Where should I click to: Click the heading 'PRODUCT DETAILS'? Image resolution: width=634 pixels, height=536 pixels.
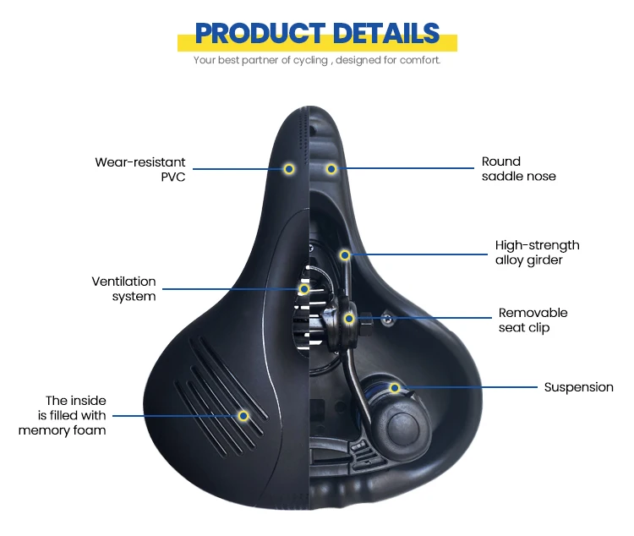317,33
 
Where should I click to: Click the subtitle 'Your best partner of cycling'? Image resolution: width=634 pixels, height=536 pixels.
317,60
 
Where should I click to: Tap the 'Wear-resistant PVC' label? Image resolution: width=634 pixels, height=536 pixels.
140,169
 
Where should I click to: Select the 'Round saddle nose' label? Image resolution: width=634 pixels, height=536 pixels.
518,168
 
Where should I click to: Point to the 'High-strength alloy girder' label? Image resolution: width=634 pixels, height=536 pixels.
537,252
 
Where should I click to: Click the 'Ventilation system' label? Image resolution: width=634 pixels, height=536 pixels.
124,288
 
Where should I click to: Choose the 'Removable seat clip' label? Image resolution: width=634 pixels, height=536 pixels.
533,320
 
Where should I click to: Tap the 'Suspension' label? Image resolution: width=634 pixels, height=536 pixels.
578,387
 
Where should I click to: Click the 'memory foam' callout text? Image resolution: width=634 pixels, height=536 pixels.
63,415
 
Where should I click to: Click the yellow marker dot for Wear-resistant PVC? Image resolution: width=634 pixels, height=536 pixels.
289,169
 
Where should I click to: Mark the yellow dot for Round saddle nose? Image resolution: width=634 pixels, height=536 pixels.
331,169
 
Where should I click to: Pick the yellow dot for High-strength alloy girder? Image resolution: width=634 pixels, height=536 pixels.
345,254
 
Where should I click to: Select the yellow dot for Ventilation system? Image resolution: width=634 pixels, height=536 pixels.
304,289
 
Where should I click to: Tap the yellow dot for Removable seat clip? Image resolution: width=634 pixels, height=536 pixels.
349,319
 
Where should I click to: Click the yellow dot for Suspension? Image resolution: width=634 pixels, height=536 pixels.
394,387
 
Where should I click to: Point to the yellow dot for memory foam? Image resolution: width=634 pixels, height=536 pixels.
243,416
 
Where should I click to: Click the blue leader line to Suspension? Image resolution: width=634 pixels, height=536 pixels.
473,388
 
